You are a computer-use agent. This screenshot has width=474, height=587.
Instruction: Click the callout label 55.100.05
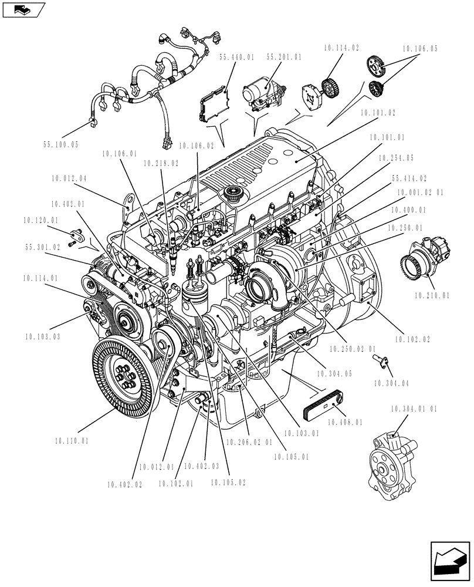coord(60,144)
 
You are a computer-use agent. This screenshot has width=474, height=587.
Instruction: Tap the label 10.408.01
coord(345,421)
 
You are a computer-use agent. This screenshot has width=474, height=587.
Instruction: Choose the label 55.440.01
coord(237,58)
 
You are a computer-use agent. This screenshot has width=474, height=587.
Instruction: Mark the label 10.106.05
coord(419,49)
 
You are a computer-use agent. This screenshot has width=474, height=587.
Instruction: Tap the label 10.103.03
coord(43,336)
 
